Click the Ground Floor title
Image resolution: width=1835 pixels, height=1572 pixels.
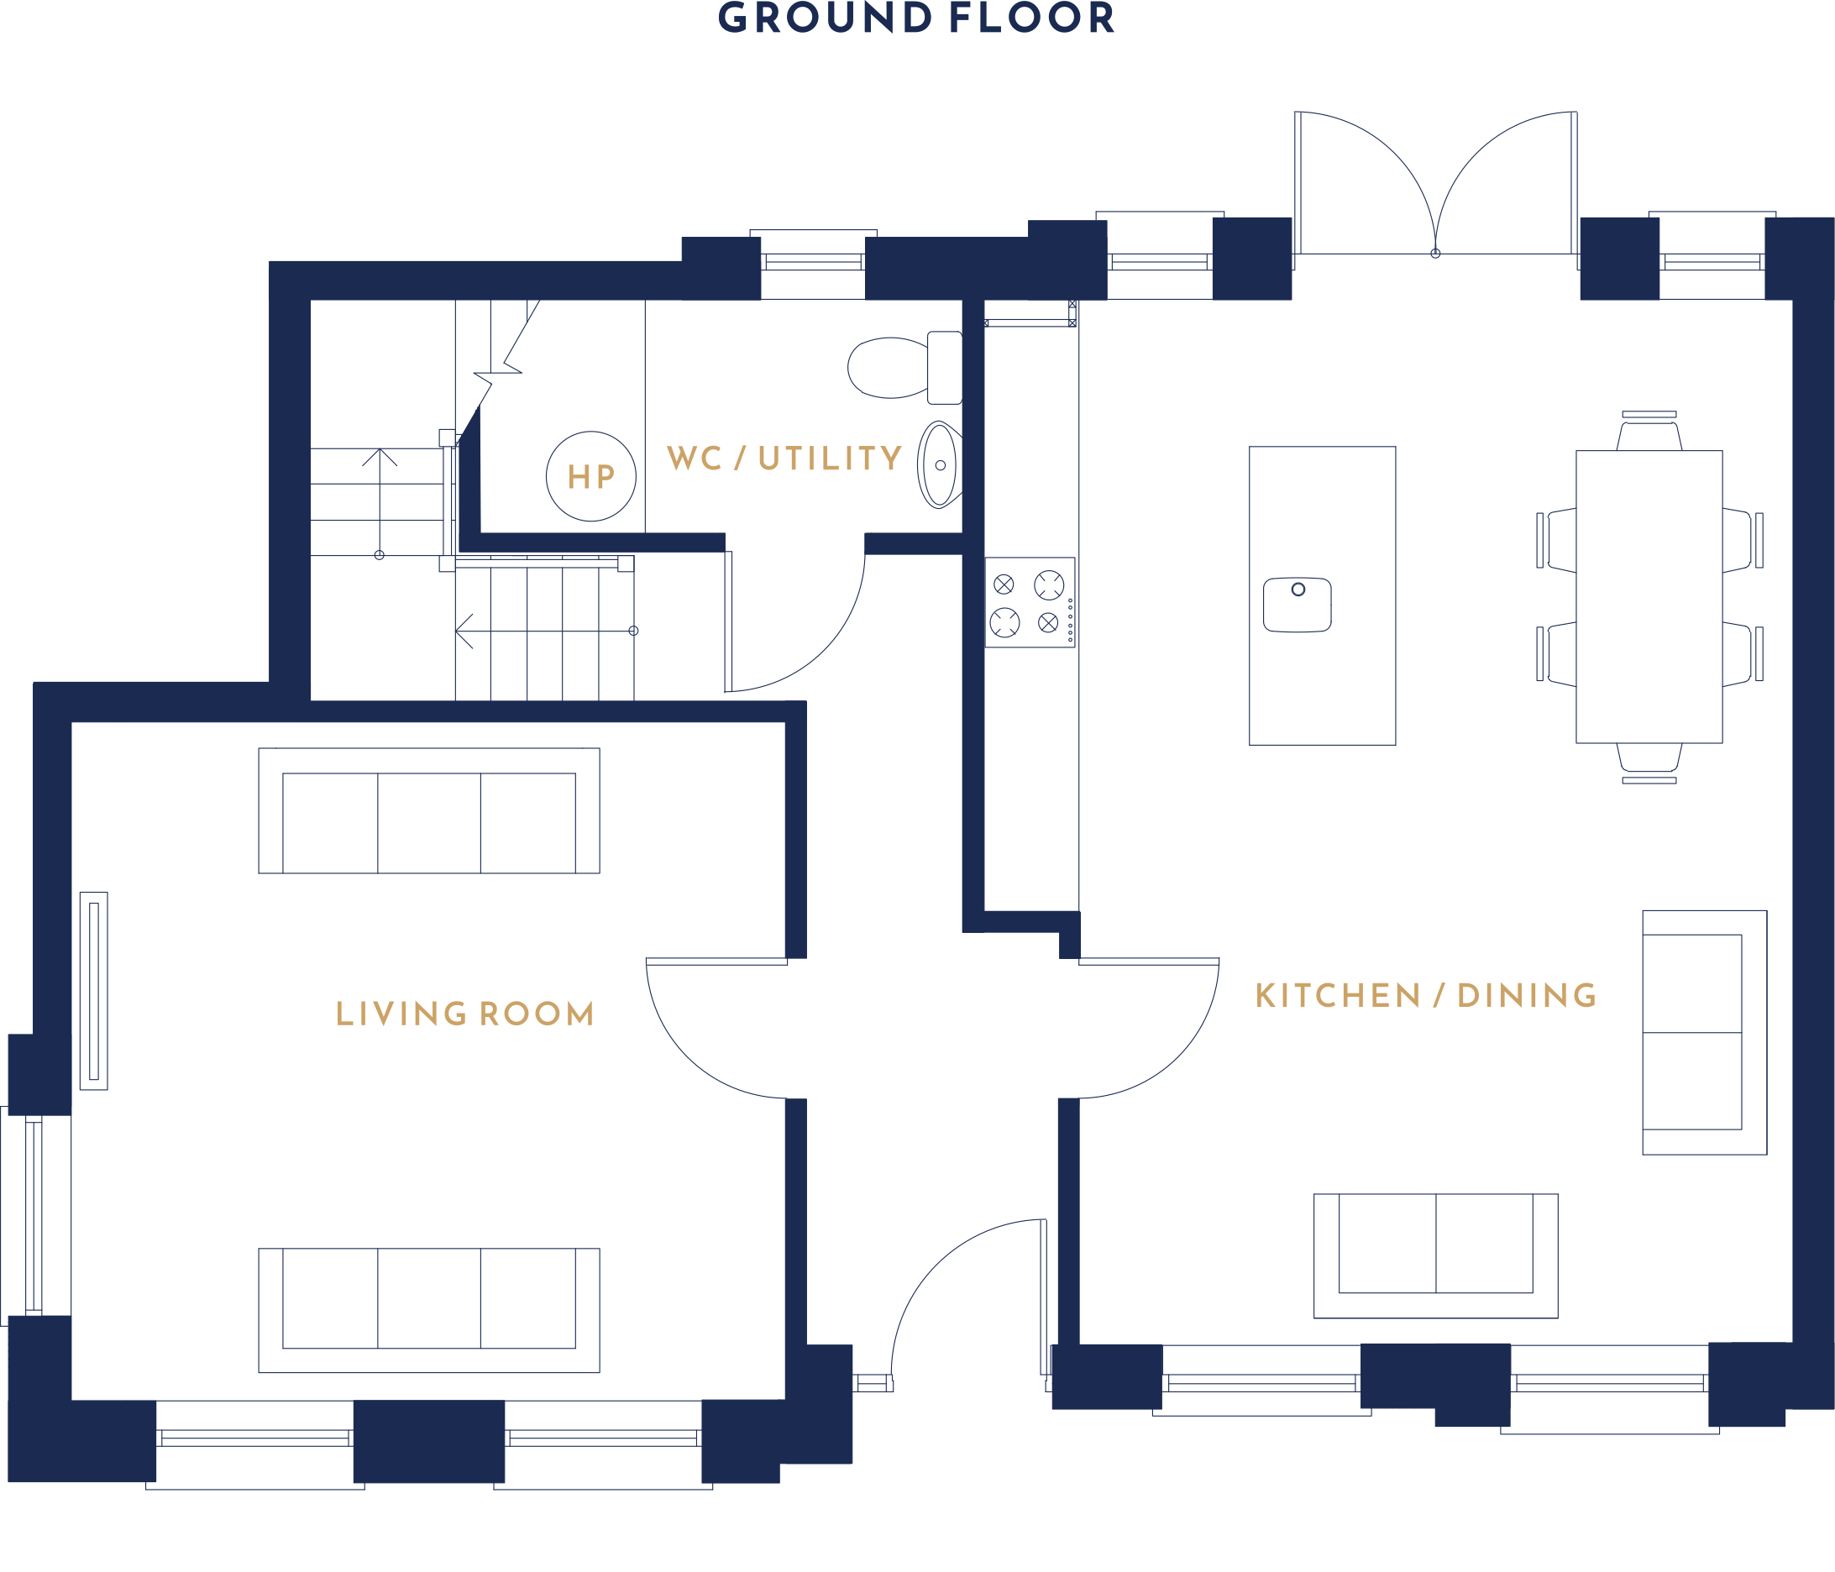tap(915, 18)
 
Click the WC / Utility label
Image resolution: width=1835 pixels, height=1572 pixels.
tap(784, 458)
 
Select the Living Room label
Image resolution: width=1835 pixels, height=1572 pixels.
tap(465, 1014)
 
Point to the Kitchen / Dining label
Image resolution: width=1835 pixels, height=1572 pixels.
tap(1426, 995)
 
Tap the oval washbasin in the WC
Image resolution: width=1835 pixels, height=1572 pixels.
tap(940, 465)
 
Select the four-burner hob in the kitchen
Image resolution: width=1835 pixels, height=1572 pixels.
tap(1030, 602)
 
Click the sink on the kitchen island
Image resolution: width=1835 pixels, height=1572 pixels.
tap(1297, 604)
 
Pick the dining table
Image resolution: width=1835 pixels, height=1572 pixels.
tap(1649, 596)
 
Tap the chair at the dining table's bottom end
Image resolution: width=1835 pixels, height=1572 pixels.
tap(1649, 762)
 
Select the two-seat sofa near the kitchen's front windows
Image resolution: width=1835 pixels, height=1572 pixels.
tap(1435, 1255)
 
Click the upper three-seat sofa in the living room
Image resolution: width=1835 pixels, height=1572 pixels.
tap(428, 810)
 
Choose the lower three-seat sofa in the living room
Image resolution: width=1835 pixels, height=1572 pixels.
tap(428, 1311)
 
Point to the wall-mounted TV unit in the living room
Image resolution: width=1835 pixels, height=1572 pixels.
tap(94, 991)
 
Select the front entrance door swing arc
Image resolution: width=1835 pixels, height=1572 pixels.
tap(932, 1261)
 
